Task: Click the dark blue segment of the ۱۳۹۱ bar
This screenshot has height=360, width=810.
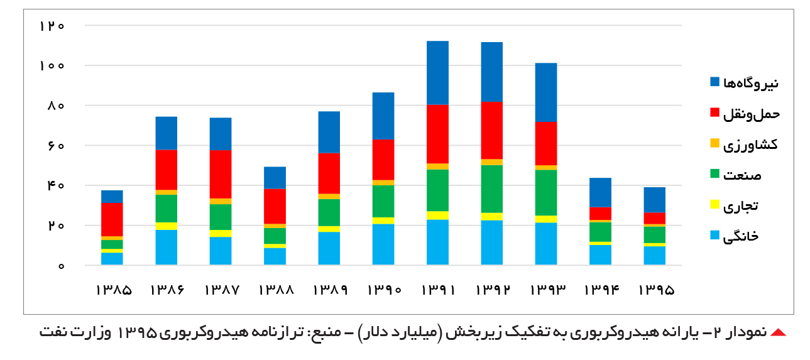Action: (x=437, y=73)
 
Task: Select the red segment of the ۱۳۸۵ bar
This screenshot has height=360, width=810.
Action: (x=112, y=220)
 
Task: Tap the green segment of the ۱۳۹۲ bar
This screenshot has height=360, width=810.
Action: (x=492, y=189)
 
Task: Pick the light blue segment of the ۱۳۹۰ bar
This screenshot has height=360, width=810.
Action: (x=383, y=244)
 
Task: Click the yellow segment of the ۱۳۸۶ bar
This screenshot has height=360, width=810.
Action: (x=167, y=226)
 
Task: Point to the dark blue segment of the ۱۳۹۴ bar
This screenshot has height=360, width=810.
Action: (x=600, y=193)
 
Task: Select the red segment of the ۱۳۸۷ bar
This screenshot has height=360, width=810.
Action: (x=221, y=175)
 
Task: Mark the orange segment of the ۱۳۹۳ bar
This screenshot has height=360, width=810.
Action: (x=546, y=168)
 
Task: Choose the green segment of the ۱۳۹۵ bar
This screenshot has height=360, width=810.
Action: (x=655, y=235)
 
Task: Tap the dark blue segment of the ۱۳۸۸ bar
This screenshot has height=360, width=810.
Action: (x=275, y=178)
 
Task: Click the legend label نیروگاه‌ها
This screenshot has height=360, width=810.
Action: (x=751, y=83)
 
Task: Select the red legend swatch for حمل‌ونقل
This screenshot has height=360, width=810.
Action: (x=714, y=112)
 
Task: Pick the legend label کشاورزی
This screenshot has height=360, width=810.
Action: (x=751, y=145)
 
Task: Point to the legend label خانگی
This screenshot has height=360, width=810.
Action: (x=741, y=236)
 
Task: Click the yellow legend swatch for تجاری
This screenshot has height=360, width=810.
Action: (x=714, y=204)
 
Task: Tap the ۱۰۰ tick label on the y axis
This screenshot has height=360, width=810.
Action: (x=52, y=66)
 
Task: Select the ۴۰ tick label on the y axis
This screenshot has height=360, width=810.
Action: (x=56, y=186)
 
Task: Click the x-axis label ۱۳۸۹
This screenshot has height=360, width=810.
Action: (x=330, y=290)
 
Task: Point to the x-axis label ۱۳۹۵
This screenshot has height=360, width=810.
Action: (x=656, y=290)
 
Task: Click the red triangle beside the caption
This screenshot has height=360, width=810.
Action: (x=778, y=333)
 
